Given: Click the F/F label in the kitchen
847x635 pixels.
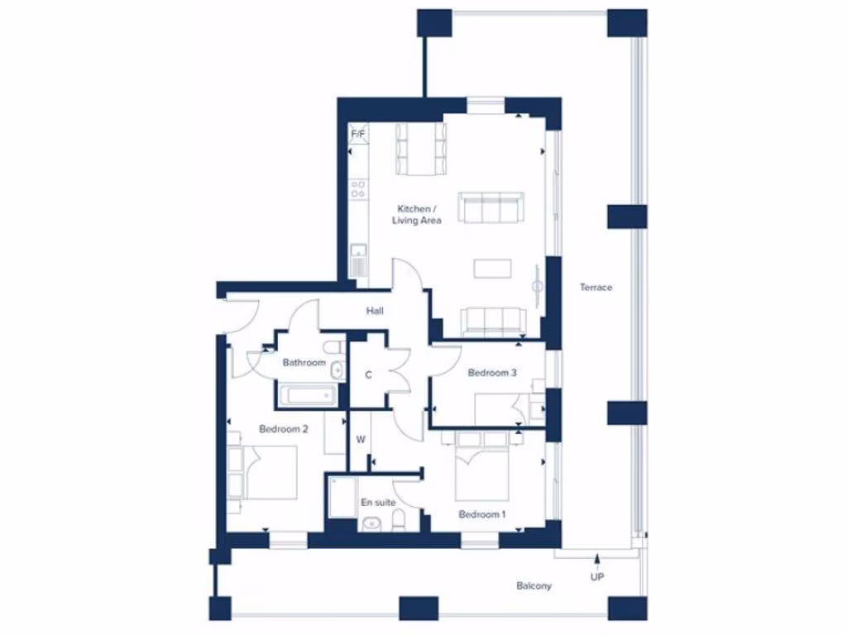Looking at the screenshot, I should click(358, 133).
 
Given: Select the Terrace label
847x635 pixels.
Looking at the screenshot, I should click(596, 288).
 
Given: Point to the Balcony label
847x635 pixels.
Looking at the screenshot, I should click(534, 586).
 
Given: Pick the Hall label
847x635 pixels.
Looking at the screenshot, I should click(375, 311).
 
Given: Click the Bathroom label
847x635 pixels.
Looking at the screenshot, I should click(304, 362).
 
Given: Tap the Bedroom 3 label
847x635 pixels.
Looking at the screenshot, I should click(492, 373).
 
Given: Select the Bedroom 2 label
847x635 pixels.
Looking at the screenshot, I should click(284, 429).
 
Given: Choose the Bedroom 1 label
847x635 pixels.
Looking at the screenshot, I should click(482, 514).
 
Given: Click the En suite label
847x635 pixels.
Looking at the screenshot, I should click(377, 502).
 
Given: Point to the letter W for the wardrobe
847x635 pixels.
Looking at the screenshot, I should click(361, 440).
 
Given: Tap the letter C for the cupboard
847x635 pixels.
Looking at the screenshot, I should click(369, 375).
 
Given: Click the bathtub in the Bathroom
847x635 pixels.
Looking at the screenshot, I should click(306, 395).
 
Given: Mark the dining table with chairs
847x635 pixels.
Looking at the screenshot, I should click(421, 149).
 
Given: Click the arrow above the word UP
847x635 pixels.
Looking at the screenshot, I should click(596, 561).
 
